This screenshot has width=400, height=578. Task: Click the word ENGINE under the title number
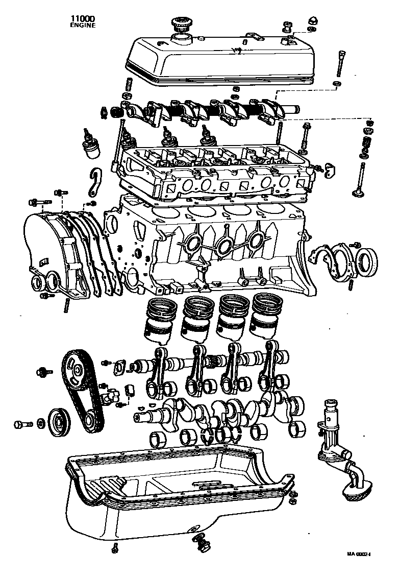tap(83, 25)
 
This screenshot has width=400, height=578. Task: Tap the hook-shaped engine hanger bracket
tap(94, 182)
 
